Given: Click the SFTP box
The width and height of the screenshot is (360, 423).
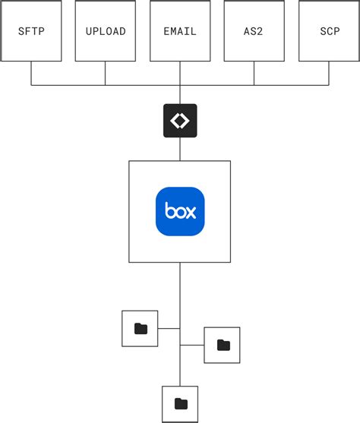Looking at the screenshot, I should pyautogui.click(x=31, y=31).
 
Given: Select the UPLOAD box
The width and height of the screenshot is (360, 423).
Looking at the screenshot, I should pyautogui.click(x=106, y=31).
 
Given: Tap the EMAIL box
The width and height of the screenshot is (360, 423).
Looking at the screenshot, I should pyautogui.click(x=180, y=31).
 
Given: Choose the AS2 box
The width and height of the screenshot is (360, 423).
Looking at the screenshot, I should pyautogui.click(x=254, y=31).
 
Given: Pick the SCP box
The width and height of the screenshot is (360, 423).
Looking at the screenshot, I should pyautogui.click(x=329, y=31).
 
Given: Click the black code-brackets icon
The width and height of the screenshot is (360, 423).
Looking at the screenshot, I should pyautogui.click(x=180, y=121).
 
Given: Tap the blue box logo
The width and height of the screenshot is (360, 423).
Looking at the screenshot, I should pyautogui.click(x=180, y=211).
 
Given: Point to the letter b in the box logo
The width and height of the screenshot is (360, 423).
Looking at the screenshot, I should pyautogui.click(x=169, y=210).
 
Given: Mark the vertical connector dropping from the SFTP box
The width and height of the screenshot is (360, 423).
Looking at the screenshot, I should pyautogui.click(x=31, y=73).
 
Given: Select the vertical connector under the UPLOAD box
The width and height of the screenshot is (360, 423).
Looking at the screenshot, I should pyautogui.click(x=106, y=73).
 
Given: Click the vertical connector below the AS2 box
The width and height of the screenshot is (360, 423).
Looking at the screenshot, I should pyautogui.click(x=254, y=73).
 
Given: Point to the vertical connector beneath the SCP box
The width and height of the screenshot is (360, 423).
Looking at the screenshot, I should pyautogui.click(x=329, y=73).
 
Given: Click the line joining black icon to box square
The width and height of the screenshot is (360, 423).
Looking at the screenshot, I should pyautogui.click(x=180, y=149).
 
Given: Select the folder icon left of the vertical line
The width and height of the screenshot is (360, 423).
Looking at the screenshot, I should pyautogui.click(x=140, y=329).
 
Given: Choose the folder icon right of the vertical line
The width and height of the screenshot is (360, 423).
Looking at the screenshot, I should pyautogui.click(x=223, y=345).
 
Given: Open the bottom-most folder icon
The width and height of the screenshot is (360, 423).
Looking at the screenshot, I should pyautogui.click(x=180, y=403).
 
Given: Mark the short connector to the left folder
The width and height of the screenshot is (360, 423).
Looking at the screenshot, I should pyautogui.click(x=169, y=329).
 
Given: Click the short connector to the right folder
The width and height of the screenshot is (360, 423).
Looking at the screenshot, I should pyautogui.click(x=192, y=345).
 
